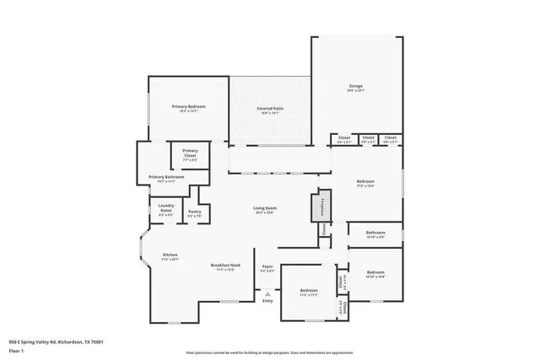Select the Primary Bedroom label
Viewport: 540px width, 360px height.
pyautogui.click(x=189, y=108)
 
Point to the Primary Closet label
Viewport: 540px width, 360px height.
pyautogui.click(x=190, y=153)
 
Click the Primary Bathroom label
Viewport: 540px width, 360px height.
pyautogui.click(x=166, y=178)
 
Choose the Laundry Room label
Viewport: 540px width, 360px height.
pyautogui.click(x=165, y=212)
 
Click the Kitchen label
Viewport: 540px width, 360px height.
pyautogui.click(x=170, y=256)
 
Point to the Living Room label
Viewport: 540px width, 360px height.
pyautogui.click(x=266, y=209)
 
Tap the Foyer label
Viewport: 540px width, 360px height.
pyautogui.click(x=267, y=268)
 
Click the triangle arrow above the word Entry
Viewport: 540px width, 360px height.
pyautogui.click(x=267, y=293)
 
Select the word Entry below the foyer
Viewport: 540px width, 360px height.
pyautogui.click(x=267, y=301)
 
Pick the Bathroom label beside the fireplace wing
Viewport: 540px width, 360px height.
pyautogui.click(x=375, y=234)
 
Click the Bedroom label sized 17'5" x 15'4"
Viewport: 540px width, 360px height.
pyautogui.click(x=365, y=183)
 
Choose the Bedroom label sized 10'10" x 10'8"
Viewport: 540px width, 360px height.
pyautogui.click(x=375, y=274)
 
